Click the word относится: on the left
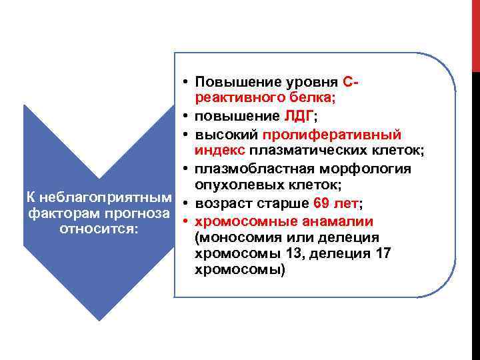(98, 229)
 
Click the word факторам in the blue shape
(58, 213)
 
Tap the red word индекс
(216, 151)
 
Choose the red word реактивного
(233, 99)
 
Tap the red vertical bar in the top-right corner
(475, 33)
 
